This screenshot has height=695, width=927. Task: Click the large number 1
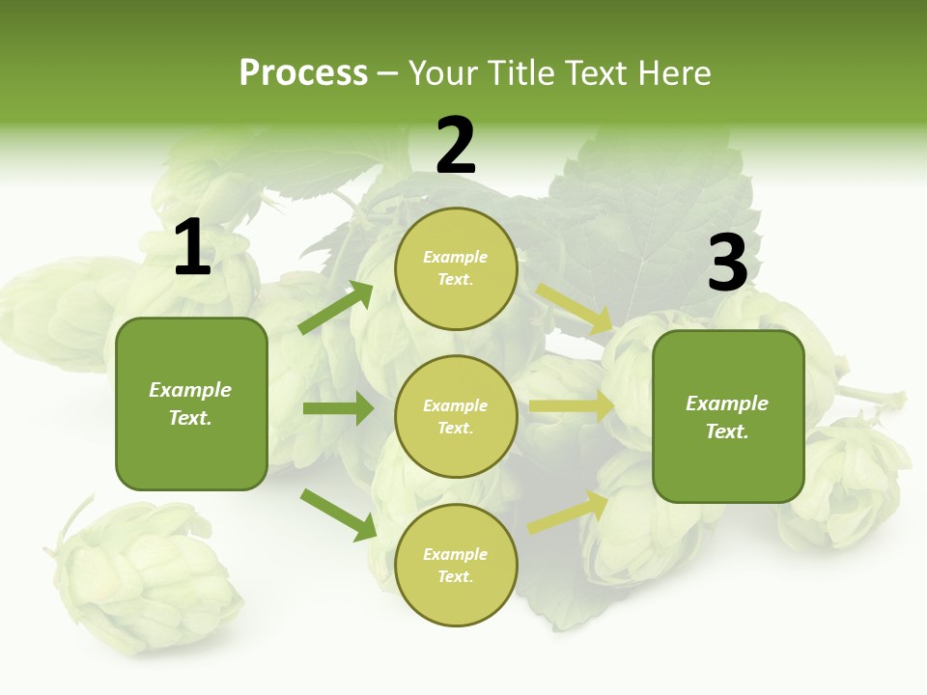click(192, 248)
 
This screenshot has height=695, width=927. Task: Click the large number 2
click(456, 146)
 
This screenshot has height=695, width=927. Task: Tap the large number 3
click(727, 264)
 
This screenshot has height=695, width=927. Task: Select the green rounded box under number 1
click(191, 403)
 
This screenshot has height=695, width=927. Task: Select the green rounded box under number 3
click(728, 417)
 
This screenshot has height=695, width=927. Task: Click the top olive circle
click(456, 268)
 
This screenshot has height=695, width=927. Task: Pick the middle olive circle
click(456, 417)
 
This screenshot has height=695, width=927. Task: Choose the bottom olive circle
click(456, 566)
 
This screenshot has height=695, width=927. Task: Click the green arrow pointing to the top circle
click(336, 308)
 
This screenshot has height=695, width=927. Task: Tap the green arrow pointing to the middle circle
click(338, 408)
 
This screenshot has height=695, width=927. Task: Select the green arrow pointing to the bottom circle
click(338, 514)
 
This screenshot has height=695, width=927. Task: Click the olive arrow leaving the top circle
click(574, 308)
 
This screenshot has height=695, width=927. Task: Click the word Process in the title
click(303, 72)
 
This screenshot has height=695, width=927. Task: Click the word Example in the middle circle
click(456, 405)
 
